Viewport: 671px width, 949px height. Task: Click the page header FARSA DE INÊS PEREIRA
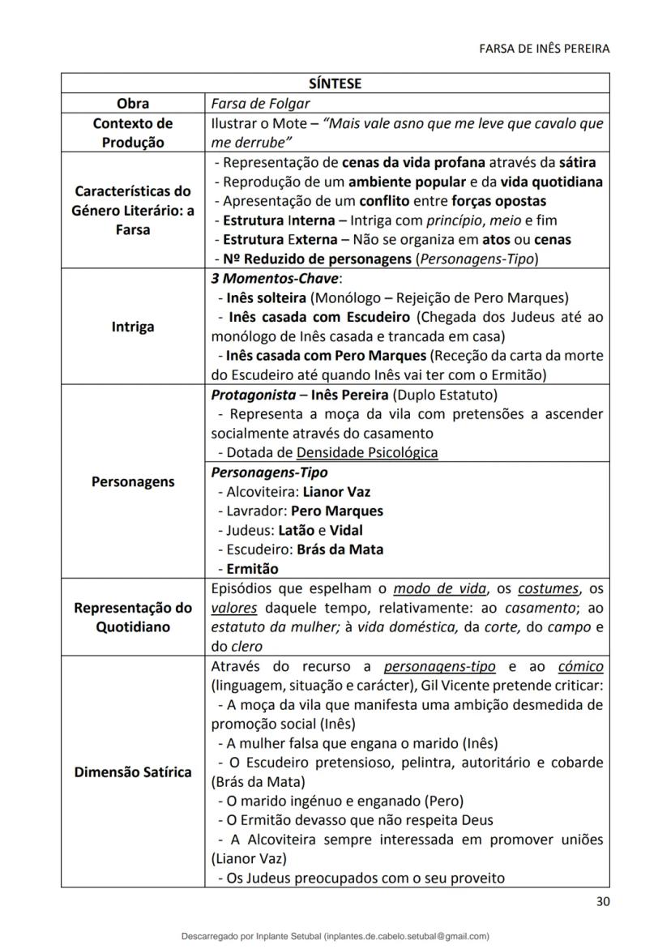point(545,49)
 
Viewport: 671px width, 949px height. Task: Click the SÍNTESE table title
point(335,83)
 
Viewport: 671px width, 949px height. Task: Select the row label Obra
point(132,104)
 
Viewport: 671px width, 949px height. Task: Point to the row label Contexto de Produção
point(132,133)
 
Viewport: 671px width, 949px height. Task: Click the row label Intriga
point(132,327)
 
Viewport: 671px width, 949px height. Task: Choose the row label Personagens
point(132,481)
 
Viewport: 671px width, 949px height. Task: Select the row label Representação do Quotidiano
point(132,618)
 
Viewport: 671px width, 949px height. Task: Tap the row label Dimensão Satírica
point(132,772)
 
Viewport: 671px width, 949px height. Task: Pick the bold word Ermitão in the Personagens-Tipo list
point(252,568)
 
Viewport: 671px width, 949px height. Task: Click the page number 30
point(602,901)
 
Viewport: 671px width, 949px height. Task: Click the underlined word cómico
point(580,667)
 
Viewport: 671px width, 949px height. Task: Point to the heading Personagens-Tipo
point(269,472)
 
